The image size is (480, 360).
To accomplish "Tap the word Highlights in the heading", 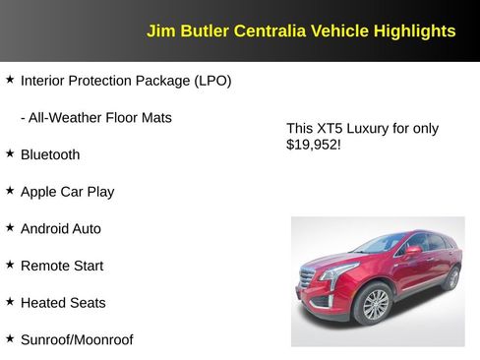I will [x=414, y=31].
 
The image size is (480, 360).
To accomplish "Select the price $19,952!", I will [x=313, y=145].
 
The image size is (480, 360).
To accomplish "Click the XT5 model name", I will [x=331, y=128].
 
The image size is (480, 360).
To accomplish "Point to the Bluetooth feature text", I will [x=50, y=154].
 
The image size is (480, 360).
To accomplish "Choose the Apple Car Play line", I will [x=67, y=192].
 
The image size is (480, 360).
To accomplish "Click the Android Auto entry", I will [x=61, y=228].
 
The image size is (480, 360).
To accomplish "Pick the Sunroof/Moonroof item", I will [x=77, y=339].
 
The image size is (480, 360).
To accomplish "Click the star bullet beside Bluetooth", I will [x=10, y=153].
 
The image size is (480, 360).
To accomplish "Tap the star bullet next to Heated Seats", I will [x=10, y=302].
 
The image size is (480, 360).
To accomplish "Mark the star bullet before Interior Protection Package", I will [x=10, y=79].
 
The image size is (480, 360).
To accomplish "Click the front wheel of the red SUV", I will [x=376, y=305].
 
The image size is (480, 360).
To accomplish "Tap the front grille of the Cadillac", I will [x=307, y=280].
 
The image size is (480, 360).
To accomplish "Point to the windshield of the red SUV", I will [x=382, y=243].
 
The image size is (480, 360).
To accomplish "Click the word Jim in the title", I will [x=160, y=31].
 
